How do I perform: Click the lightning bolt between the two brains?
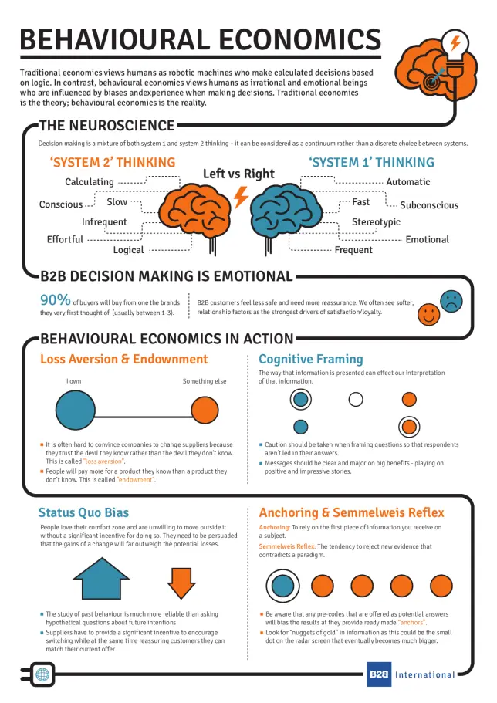241,197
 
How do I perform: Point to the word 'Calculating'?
90,182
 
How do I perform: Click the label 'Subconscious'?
429,205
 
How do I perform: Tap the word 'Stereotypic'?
376,222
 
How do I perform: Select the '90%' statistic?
55,299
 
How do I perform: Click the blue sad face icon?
451,301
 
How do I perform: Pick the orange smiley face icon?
428,314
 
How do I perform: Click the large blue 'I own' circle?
76,411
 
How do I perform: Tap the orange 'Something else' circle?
205,411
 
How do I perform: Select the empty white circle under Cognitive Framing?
356,399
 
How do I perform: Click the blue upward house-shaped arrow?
101,579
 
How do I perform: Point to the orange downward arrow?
181,583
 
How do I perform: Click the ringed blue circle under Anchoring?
282,586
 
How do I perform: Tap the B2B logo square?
379,674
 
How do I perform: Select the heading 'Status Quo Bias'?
83,512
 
